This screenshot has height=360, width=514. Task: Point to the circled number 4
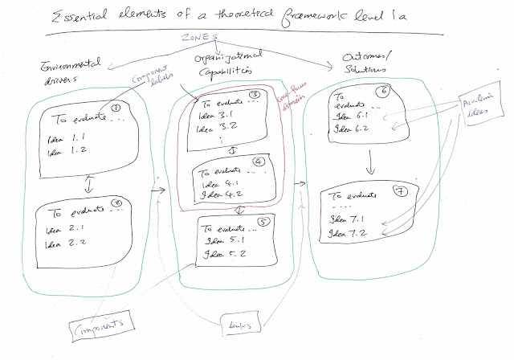259,171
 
